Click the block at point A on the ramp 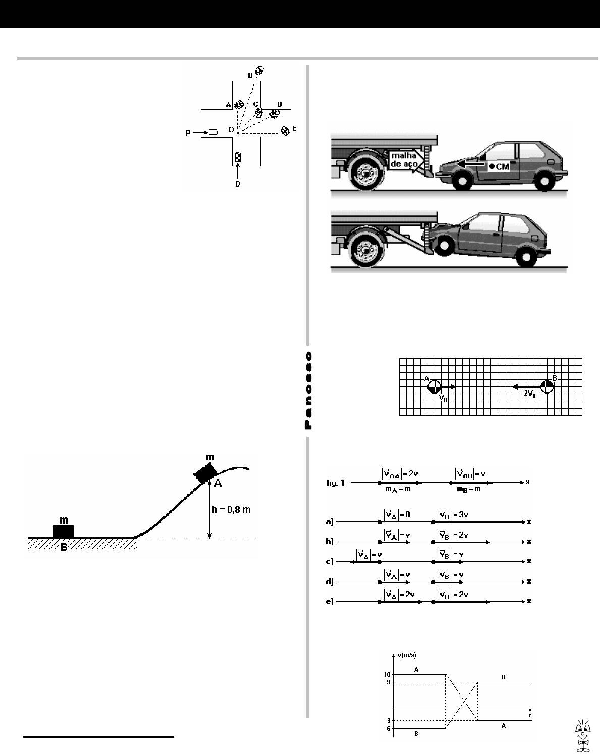coord(206,473)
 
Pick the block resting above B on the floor coord(64,531)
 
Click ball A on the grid coord(434,387)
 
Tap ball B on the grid coord(547,387)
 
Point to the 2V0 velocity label coord(529,395)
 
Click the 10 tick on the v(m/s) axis coord(388,674)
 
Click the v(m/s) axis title coord(406,655)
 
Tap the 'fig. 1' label coord(336,483)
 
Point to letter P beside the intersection coord(188,132)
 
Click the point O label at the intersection coord(231,130)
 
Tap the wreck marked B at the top coord(260,70)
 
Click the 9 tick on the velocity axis coord(389,682)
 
